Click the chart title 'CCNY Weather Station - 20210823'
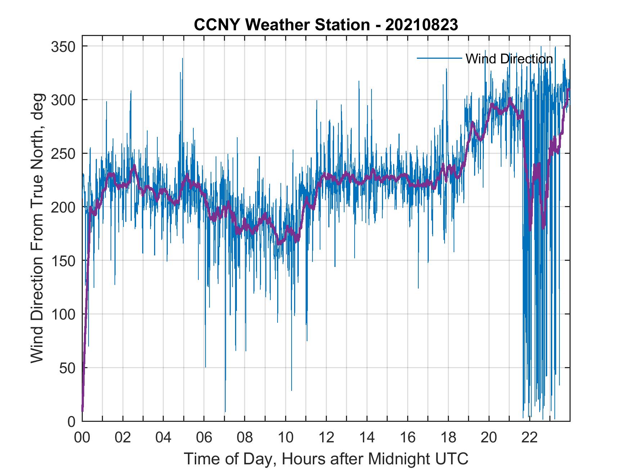[x=326, y=25]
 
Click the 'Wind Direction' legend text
[x=509, y=59]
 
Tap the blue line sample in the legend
[x=439, y=58]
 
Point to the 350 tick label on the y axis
[x=63, y=47]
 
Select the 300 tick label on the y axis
[x=63, y=100]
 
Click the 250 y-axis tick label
[x=63, y=154]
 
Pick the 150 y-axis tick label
[x=63, y=261]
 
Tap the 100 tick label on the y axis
[x=63, y=314]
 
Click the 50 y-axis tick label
[x=67, y=368]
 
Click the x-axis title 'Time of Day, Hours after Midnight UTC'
[x=326, y=459]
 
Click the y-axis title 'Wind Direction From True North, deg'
[x=37, y=228]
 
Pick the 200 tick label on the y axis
[x=63, y=208]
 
